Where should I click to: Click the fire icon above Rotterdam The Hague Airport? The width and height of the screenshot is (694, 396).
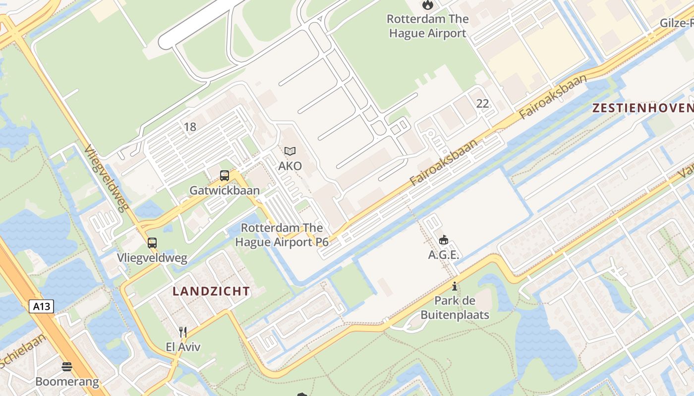tap(427, 5)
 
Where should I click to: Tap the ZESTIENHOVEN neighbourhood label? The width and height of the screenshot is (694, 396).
tap(643, 108)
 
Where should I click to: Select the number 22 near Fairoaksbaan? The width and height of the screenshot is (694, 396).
tap(482, 103)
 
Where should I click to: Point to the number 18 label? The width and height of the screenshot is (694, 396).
tap(190, 127)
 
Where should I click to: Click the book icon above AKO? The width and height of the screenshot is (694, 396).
tap(290, 151)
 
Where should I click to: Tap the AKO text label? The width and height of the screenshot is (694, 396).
tap(290, 166)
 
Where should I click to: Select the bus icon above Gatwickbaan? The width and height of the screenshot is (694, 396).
tap(225, 176)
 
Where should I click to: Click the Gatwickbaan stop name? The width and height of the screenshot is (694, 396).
tap(225, 191)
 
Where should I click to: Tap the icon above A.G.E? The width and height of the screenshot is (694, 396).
tap(444, 240)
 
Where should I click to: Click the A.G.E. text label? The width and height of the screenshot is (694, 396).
tap(444, 255)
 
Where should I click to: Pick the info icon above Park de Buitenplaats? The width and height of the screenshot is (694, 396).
tap(455, 286)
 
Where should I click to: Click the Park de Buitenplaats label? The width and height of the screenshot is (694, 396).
tap(455, 308)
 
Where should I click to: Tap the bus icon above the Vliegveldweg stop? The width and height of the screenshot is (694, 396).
tap(152, 243)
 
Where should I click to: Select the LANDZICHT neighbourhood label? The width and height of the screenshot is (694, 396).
tap(211, 291)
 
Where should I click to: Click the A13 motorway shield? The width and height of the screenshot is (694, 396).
tap(41, 306)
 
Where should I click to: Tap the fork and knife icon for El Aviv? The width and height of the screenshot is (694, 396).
tap(183, 332)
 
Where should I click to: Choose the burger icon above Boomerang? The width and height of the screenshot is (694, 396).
tap(67, 367)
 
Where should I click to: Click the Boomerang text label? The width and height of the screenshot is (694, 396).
tap(67, 382)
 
